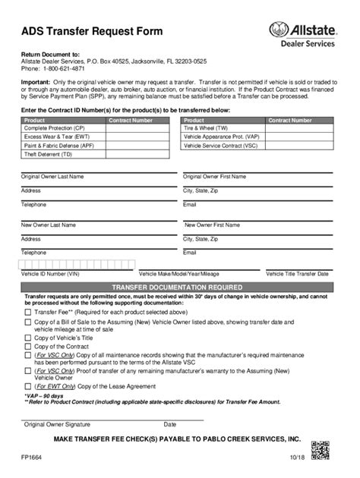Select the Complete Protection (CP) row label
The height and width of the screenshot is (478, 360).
tap(55, 128)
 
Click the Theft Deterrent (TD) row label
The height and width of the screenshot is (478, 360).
tap(48, 153)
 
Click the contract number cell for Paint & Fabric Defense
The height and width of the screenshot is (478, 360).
tap(138, 145)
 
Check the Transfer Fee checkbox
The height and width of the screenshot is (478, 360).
tap(28, 312)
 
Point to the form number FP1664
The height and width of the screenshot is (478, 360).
tap(33, 458)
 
